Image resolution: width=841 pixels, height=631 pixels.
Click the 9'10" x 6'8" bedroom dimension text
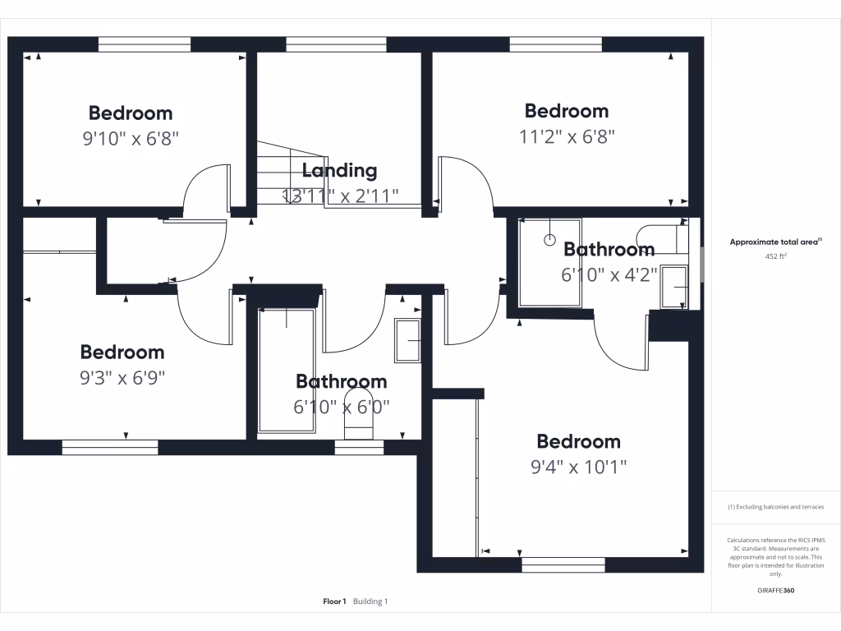[131, 138]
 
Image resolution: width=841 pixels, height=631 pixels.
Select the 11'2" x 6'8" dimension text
[567, 136]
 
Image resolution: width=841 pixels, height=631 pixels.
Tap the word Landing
[339, 171]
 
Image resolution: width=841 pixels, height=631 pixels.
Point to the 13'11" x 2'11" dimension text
[340, 196]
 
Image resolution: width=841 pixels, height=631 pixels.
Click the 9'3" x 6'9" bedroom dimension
[122, 378]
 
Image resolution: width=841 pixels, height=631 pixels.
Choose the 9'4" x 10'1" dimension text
[578, 467]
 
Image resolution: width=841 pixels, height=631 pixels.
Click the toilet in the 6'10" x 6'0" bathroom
[359, 417]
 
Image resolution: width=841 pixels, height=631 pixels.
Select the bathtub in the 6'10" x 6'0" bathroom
[287, 371]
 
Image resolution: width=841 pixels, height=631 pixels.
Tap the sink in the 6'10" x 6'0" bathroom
[407, 340]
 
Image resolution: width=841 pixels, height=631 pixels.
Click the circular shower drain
[549, 241]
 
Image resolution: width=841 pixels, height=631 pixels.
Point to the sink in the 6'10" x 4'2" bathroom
[674, 287]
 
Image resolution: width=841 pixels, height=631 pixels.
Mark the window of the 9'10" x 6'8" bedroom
[144, 44]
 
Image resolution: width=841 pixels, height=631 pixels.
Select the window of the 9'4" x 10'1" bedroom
[563, 564]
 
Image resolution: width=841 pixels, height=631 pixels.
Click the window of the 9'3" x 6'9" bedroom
[110, 447]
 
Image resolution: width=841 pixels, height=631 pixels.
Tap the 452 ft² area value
[775, 256]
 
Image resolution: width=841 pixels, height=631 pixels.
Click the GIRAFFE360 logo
[775, 591]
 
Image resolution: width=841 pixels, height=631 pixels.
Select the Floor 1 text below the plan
[334, 601]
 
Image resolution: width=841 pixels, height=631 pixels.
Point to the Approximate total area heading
[775, 242]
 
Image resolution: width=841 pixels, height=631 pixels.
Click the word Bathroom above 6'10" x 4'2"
[609, 250]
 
